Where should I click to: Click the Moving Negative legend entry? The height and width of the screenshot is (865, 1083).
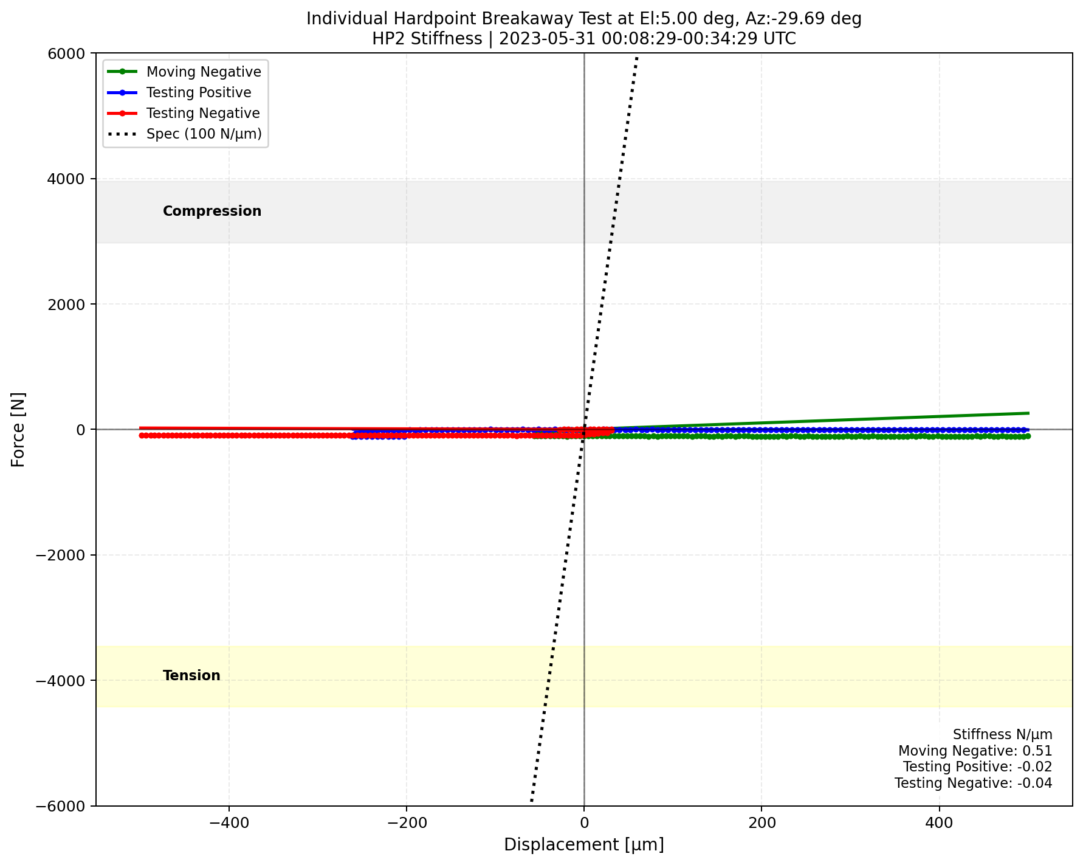(204, 72)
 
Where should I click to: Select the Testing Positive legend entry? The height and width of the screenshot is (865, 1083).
(199, 92)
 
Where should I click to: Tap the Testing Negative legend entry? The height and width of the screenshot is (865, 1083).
(203, 113)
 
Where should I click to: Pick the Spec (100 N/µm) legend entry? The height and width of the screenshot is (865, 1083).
(204, 134)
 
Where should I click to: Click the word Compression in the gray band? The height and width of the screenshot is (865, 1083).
(212, 211)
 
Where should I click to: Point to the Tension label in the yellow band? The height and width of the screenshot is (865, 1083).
(191, 675)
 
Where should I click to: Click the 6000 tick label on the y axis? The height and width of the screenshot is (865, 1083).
(70, 53)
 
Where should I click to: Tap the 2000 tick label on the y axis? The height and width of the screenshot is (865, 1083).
(70, 305)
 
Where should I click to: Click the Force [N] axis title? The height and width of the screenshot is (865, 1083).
(19, 429)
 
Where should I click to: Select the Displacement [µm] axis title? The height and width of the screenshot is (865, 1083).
(583, 845)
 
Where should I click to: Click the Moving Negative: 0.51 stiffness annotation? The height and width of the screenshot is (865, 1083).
(975, 751)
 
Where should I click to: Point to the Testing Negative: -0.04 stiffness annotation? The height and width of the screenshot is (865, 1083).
(973, 783)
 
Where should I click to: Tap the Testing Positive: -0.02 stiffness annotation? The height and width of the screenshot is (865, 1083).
(977, 767)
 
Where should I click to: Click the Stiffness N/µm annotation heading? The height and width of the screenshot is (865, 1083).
(1002, 735)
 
